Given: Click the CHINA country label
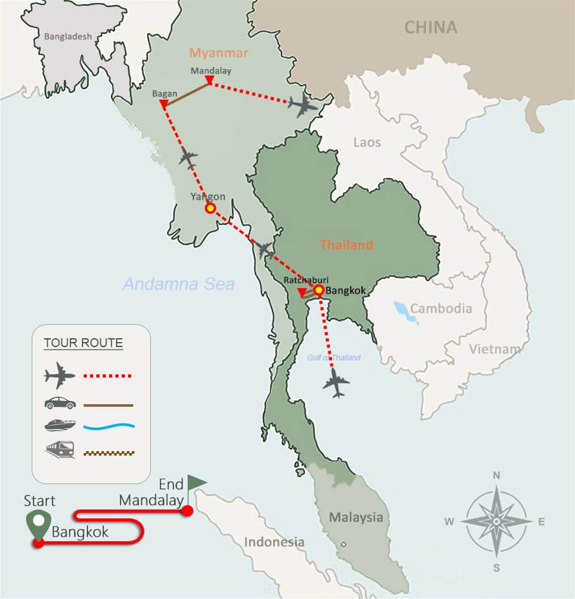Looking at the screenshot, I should [x=430, y=27].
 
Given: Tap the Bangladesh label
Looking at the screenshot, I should [x=68, y=37].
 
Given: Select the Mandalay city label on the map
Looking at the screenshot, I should [x=211, y=71].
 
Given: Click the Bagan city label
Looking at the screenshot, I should [x=165, y=94].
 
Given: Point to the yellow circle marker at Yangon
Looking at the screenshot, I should [x=210, y=208].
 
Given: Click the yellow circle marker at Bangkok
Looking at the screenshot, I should [x=318, y=289].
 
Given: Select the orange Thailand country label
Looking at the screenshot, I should [x=346, y=245].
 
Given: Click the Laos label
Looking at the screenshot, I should [x=367, y=142].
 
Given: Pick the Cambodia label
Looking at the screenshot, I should [x=441, y=309].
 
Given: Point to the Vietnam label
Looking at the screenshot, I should [x=494, y=348].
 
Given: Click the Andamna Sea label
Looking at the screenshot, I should [x=178, y=284].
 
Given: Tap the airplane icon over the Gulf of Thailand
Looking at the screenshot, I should [x=336, y=383].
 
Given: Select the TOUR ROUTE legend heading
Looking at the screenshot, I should [x=83, y=344].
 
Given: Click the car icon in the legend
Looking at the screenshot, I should [x=60, y=404].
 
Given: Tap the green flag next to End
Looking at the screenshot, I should [x=196, y=484].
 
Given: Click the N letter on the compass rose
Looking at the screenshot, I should [x=496, y=475].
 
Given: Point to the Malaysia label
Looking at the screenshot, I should [x=356, y=517].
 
